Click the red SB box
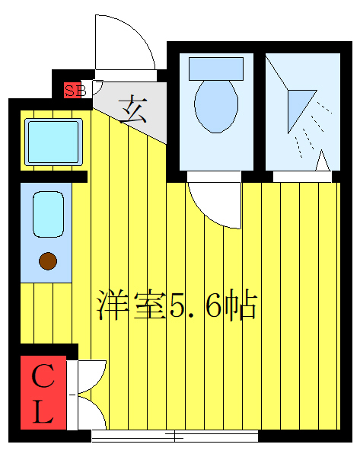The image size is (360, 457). coord(73,90)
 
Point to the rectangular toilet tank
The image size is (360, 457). coord(216,68)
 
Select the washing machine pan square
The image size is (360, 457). coord(53,141)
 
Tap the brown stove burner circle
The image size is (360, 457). coord(48,262)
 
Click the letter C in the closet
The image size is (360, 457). coord(43,376)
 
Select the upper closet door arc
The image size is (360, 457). coord(89,374)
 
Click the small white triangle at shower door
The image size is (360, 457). coord(322,161)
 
